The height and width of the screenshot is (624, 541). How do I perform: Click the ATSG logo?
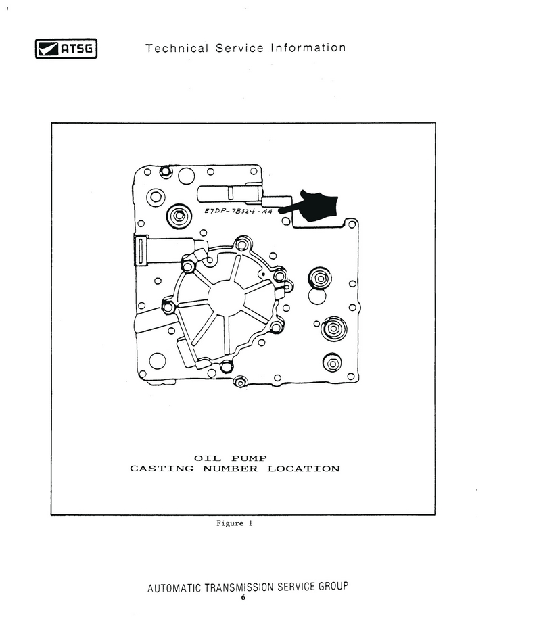point(66,49)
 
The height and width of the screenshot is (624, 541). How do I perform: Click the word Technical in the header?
point(177,48)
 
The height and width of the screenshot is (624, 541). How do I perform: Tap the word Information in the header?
point(308,48)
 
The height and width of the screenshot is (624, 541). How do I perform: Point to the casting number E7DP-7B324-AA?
point(239,211)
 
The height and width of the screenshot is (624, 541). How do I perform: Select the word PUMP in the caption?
point(249,458)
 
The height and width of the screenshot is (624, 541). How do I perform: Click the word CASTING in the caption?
point(162,469)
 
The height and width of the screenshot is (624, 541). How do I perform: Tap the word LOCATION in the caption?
point(304,469)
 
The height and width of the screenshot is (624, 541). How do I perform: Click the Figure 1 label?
point(235,523)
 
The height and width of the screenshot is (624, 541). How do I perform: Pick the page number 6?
point(243,598)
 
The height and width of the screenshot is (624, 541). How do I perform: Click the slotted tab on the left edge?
point(140,250)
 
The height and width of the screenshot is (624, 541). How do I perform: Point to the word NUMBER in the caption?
point(230,469)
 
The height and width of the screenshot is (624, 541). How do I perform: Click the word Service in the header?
point(239,48)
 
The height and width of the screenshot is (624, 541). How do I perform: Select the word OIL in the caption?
point(208,458)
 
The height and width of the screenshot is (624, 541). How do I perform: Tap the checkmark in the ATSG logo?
point(47,49)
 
